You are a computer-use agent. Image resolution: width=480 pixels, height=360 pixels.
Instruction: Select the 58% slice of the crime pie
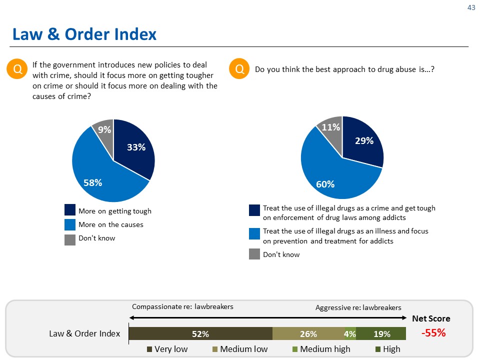(x=98, y=174)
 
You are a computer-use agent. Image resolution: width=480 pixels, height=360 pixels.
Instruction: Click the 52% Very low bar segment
(x=200, y=333)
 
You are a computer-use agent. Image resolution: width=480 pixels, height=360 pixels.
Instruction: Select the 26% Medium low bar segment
(x=308, y=333)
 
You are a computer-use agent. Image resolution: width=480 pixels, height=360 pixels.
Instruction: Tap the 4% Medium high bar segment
(x=350, y=333)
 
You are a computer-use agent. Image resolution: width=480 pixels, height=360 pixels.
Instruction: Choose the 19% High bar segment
(x=381, y=333)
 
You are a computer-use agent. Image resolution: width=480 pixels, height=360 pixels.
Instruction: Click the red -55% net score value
(x=433, y=333)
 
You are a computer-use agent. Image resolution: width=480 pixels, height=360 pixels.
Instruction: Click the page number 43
(x=471, y=7)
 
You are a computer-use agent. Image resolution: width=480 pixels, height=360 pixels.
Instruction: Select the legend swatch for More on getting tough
(x=70, y=209)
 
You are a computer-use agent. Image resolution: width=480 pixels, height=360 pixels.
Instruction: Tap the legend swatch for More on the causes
(x=70, y=224)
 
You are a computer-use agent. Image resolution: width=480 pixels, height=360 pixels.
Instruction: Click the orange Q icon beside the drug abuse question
(x=239, y=68)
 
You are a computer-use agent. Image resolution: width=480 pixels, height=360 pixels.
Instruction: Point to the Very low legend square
(x=149, y=349)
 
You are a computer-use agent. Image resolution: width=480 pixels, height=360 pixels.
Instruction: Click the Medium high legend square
(x=295, y=349)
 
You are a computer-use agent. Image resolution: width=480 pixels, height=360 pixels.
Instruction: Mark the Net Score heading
(x=431, y=318)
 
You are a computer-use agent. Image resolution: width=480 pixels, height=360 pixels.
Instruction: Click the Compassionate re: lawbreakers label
(x=182, y=306)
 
